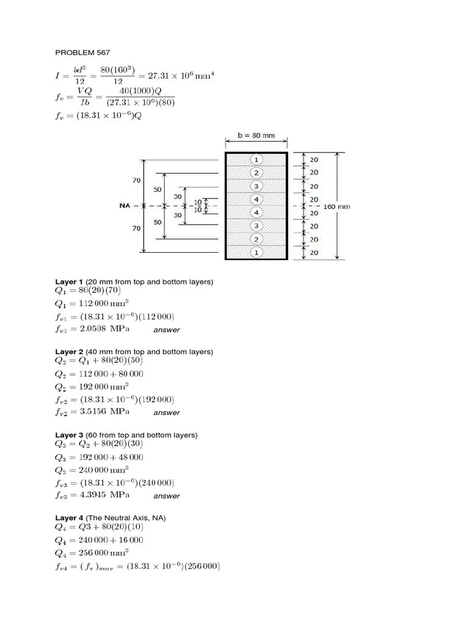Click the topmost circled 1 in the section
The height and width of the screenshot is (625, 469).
256,159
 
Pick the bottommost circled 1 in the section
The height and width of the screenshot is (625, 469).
256,252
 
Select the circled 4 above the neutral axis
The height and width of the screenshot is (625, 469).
256,200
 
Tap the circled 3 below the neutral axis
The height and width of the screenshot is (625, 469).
256,226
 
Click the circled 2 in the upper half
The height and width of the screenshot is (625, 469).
256,173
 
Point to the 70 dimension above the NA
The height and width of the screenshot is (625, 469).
136,181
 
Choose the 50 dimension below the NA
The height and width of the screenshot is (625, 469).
158,222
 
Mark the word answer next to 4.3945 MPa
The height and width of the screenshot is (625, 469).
167,496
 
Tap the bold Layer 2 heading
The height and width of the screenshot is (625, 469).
69,352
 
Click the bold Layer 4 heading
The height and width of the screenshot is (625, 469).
69,518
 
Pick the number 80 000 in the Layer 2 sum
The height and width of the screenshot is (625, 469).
127,374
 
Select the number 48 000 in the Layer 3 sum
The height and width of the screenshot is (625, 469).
127,457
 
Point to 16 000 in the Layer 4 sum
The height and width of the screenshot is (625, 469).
127,540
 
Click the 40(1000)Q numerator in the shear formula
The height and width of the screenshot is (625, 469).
140,92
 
